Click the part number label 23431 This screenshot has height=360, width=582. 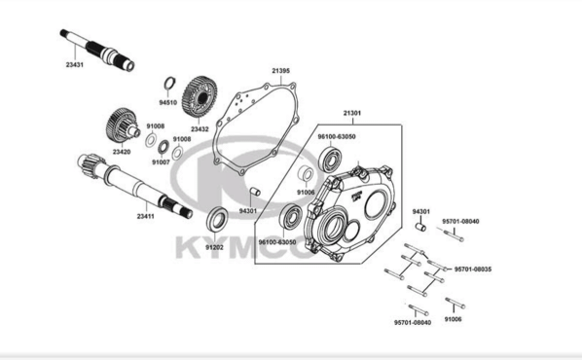(x=75, y=64)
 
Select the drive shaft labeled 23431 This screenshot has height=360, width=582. (x=97, y=50)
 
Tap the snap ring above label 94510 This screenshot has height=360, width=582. (x=169, y=83)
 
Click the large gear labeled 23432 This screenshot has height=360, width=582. (x=200, y=97)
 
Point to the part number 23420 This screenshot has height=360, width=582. (x=122, y=152)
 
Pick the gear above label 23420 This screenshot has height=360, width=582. (x=123, y=126)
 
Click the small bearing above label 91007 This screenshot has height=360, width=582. (x=164, y=147)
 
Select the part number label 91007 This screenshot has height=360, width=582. (x=161, y=162)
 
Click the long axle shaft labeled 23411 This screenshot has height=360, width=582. (x=135, y=186)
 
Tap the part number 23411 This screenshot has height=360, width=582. (x=145, y=216)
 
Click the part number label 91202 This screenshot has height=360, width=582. (x=214, y=247)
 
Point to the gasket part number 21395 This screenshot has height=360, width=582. (x=280, y=70)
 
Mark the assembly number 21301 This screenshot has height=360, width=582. (x=352, y=113)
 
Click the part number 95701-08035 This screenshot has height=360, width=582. (x=472, y=270)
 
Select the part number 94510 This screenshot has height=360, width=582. (x=167, y=102)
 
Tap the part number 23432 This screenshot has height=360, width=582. (x=200, y=129)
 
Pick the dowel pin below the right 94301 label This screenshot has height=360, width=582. (x=419, y=226)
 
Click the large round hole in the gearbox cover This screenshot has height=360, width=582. (x=377, y=204)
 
